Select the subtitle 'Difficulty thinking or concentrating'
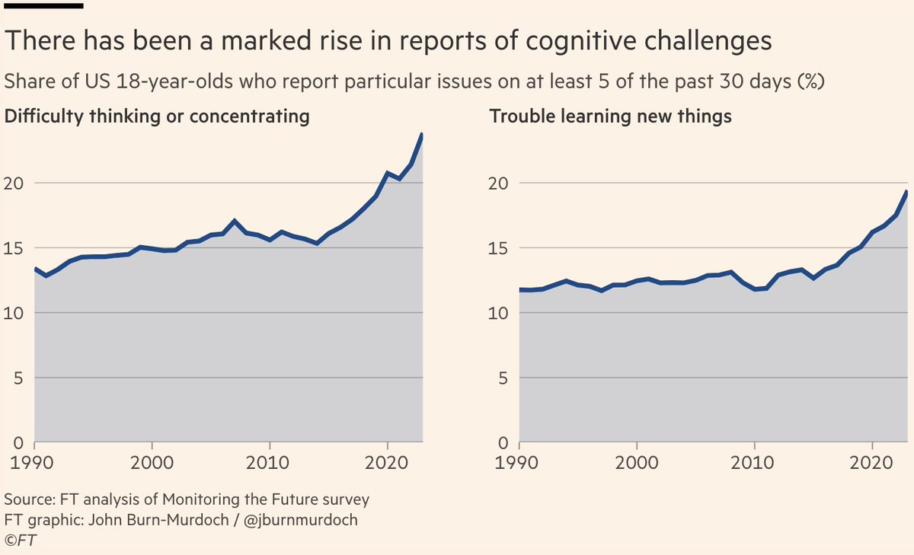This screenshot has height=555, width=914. [157, 116]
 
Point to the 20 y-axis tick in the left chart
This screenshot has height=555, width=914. [19, 183]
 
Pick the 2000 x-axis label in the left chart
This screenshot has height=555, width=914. [152, 462]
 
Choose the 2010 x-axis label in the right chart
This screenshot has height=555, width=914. [754, 462]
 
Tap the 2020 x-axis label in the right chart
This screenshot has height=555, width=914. [871, 462]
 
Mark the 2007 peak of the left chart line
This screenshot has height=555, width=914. [235, 221]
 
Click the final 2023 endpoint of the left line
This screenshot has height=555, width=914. [422, 135]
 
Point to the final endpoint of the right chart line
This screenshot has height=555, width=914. [906, 191]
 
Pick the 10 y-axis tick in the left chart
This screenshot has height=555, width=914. [19, 313]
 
